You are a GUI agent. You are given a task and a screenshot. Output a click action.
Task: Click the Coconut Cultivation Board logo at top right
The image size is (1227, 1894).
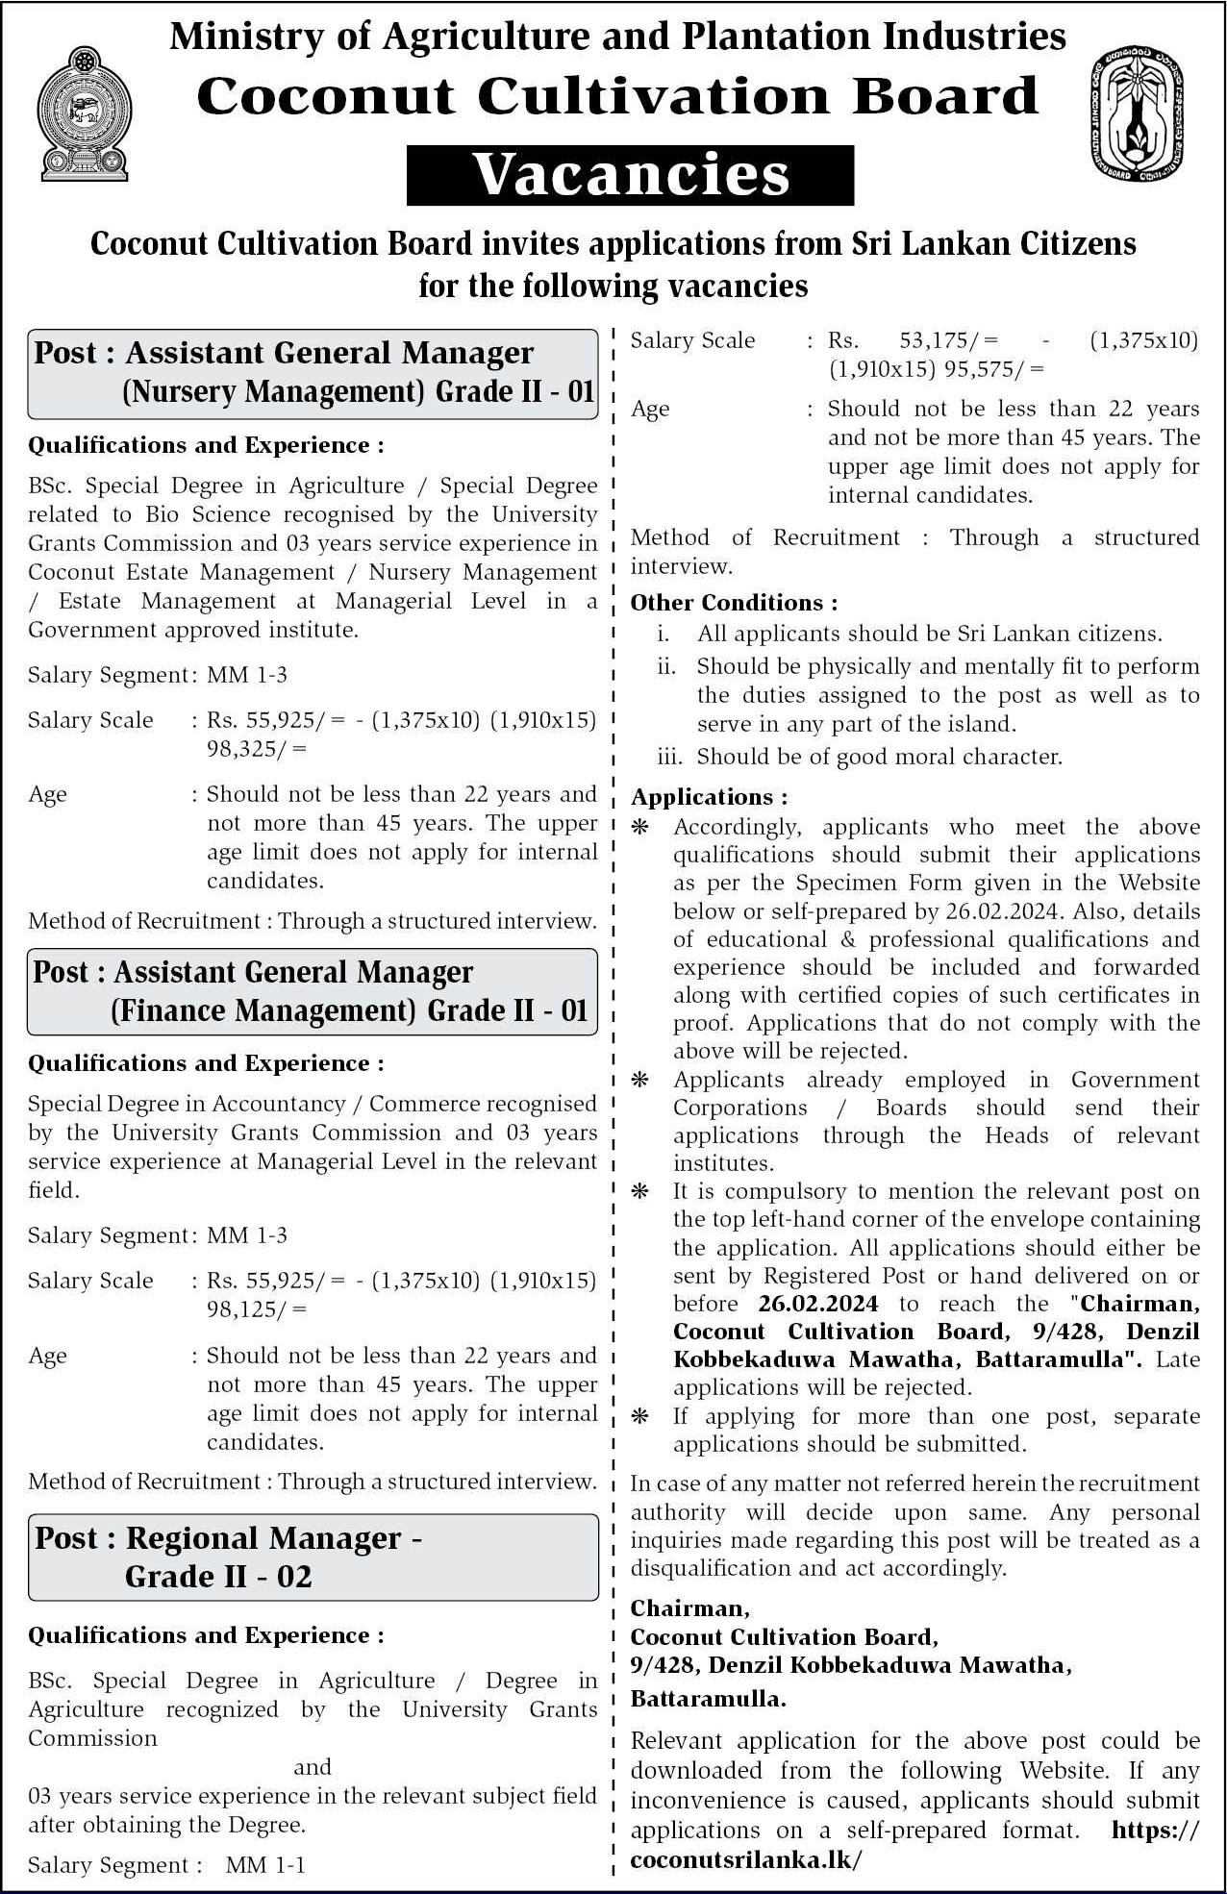[x=1137, y=113]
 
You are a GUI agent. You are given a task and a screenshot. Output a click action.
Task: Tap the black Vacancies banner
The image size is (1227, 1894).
[x=630, y=175]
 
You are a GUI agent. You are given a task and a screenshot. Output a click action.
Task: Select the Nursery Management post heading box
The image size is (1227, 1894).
[x=313, y=373]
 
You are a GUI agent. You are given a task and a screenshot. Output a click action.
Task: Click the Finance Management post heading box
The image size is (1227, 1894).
[x=313, y=991]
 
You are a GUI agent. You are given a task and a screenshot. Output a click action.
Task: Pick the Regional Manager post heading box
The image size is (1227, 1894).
[x=313, y=1557]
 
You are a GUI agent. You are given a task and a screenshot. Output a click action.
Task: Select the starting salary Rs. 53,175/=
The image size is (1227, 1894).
[x=914, y=340]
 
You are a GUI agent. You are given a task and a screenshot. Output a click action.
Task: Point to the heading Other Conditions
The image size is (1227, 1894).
[x=734, y=603]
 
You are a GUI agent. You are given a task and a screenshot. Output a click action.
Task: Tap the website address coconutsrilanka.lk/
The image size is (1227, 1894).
[x=746, y=1859]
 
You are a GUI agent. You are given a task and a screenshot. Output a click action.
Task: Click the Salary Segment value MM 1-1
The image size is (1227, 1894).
[x=265, y=1865]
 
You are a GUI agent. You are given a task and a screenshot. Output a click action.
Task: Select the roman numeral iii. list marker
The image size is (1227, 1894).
[x=669, y=757]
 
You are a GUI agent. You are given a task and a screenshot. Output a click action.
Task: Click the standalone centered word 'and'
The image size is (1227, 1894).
[x=313, y=1766]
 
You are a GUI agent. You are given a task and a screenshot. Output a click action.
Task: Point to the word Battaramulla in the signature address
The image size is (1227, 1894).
[x=708, y=1699]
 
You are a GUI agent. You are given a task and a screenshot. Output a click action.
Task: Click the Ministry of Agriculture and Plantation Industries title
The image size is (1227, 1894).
[x=617, y=37]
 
